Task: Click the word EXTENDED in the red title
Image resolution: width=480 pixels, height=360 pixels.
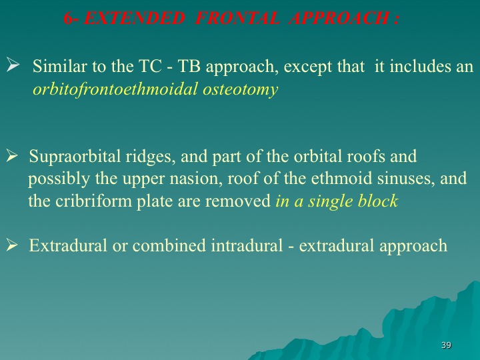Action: (134, 18)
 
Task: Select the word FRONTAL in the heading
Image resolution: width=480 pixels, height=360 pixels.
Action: (237, 18)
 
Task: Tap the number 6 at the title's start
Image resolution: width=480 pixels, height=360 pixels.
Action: (69, 18)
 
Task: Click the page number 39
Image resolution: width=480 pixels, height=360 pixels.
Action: (446, 345)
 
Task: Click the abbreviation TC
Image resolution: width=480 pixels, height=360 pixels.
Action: (150, 66)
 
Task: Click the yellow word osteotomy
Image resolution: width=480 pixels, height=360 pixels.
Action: (240, 90)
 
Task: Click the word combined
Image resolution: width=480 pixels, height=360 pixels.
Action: (169, 246)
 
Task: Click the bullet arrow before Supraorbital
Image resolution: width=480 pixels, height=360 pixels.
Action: (12, 155)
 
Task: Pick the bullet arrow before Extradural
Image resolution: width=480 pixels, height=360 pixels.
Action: (12, 245)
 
